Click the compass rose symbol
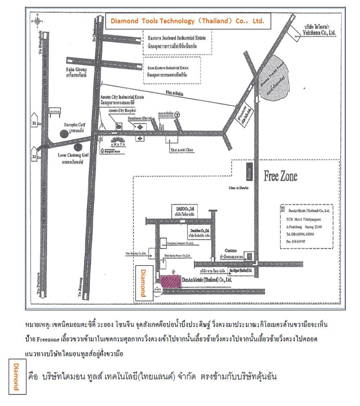[x=39, y=21]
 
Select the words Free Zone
[x=280, y=176]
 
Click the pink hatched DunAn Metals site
[x=168, y=281]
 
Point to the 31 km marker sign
[x=34, y=124]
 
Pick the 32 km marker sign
[x=34, y=157]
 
